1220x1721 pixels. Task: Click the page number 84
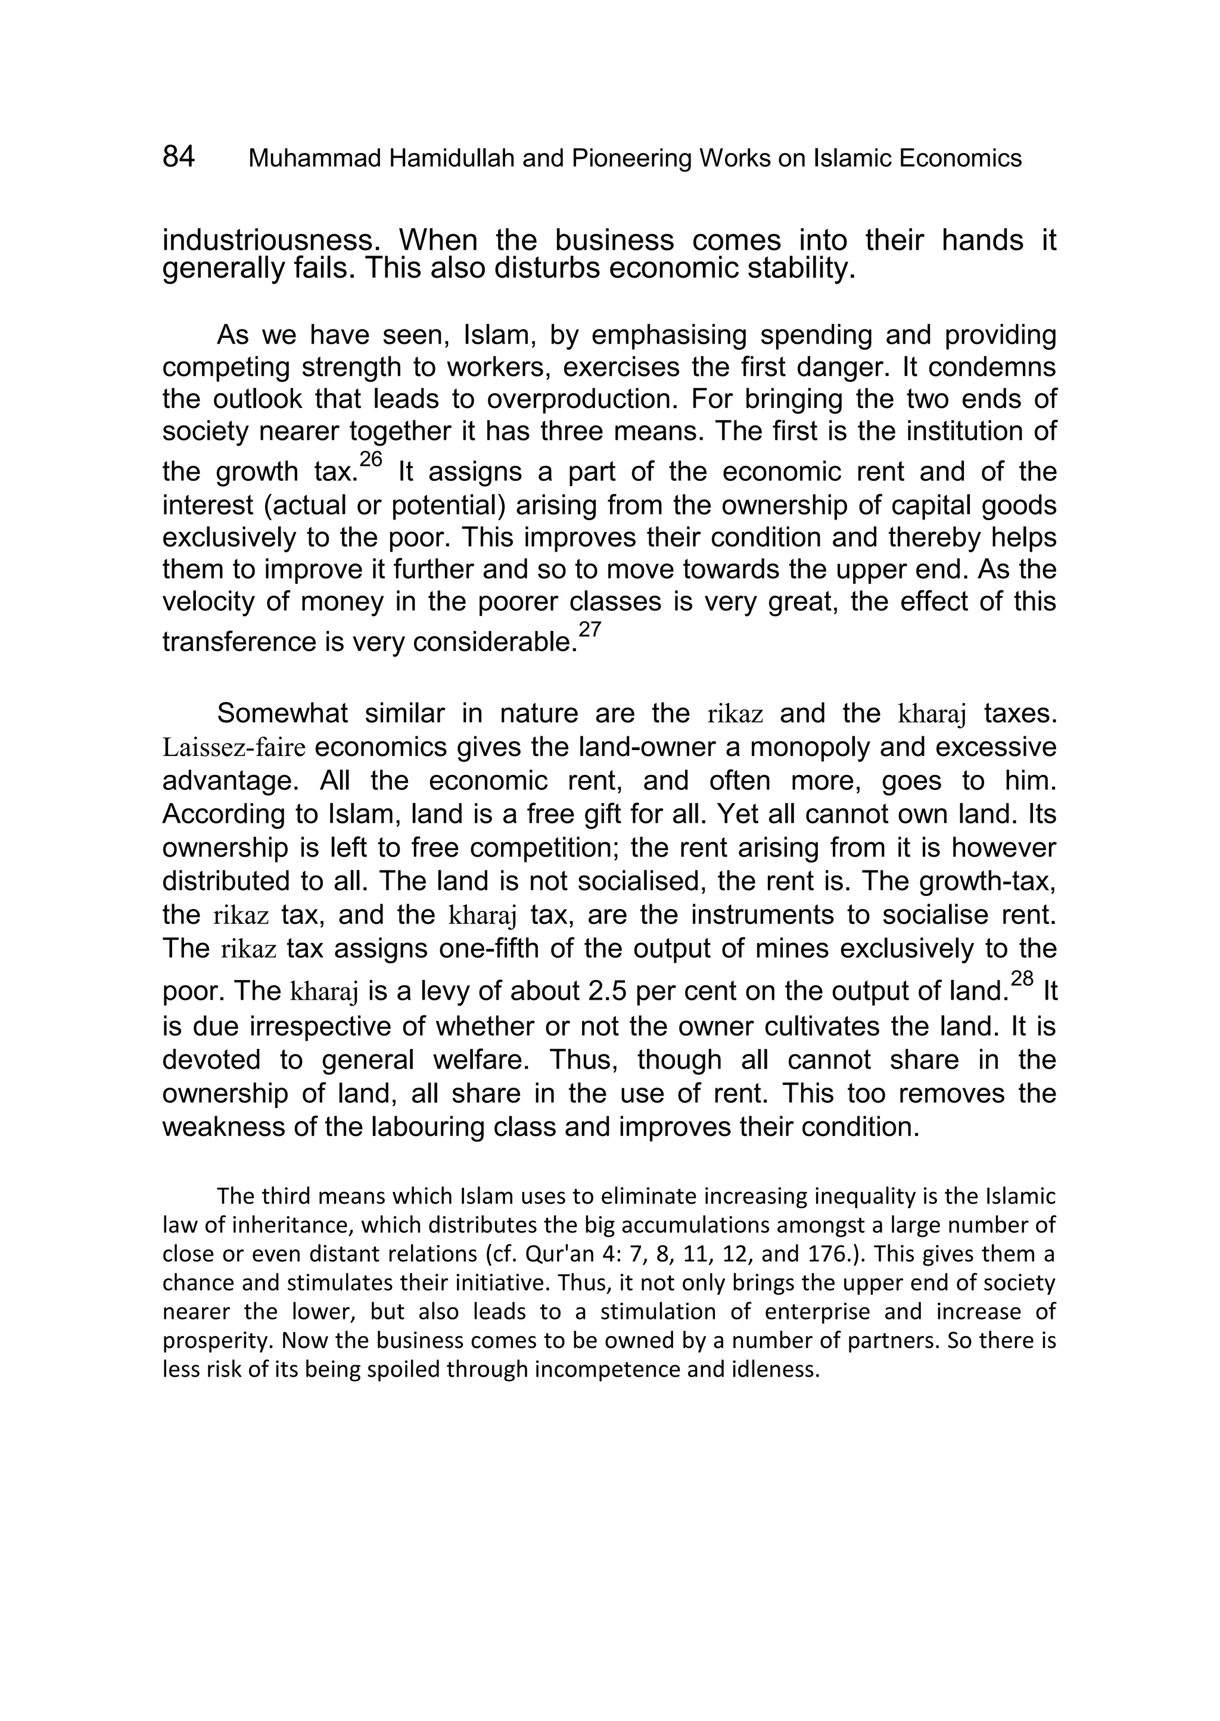coord(179,157)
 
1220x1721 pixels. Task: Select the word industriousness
coord(273,241)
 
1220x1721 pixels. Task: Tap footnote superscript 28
coord(1022,978)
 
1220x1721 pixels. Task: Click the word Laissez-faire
coord(234,748)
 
